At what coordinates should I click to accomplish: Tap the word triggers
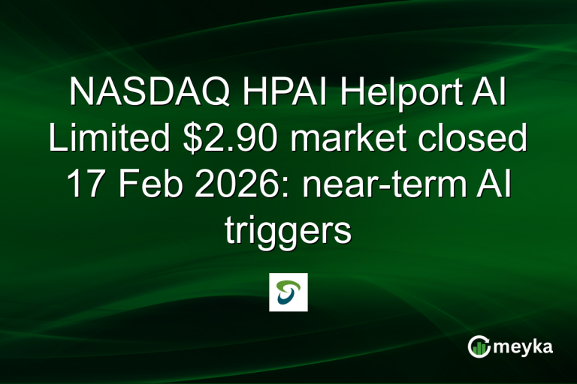pos(288,230)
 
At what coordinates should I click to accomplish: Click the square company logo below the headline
pos(288,292)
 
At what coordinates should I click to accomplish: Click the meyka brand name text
pos(525,346)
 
